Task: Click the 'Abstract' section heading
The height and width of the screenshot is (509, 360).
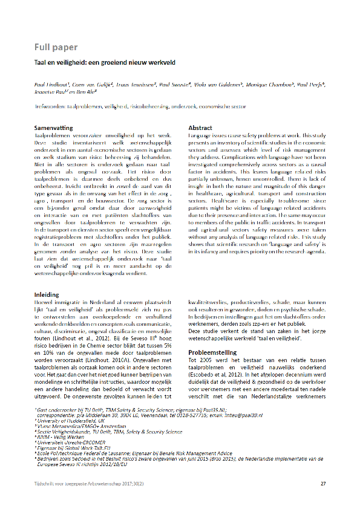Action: point(200,128)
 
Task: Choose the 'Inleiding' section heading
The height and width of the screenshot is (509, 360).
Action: point(46,294)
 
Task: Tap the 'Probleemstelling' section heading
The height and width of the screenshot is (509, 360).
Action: point(212,352)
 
